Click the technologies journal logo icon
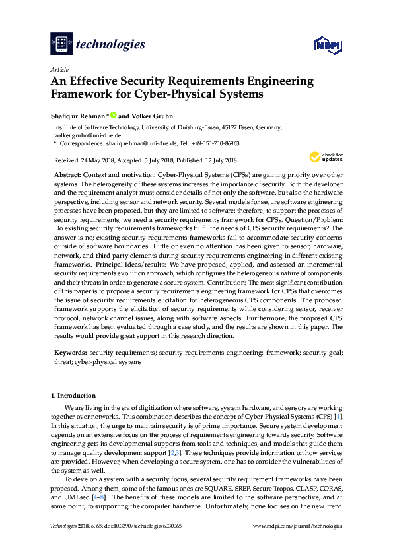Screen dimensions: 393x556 (x=61, y=44)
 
